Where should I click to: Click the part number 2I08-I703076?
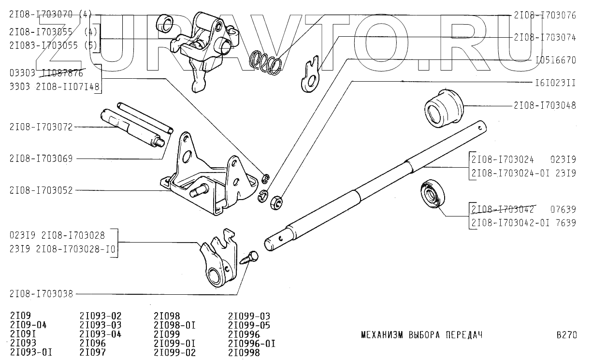click(x=545, y=15)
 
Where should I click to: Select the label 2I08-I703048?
click(x=545, y=106)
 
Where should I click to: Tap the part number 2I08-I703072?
click(x=41, y=127)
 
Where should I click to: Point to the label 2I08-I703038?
click(x=41, y=294)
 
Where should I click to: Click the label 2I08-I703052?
click(x=41, y=190)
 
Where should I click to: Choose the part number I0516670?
click(x=556, y=60)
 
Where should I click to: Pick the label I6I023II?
click(x=556, y=83)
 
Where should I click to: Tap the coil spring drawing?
click(x=266, y=63)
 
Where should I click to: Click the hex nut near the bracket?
click(x=276, y=203)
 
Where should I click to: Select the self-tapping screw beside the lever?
click(x=249, y=258)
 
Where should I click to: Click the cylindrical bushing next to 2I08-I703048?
click(x=444, y=108)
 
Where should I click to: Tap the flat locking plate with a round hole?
click(x=311, y=74)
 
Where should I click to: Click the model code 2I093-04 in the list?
click(x=101, y=334)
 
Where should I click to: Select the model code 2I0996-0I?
click(x=252, y=344)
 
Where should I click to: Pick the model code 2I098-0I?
click(x=174, y=325)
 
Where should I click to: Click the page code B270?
click(x=566, y=335)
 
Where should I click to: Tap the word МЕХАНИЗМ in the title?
click(x=382, y=335)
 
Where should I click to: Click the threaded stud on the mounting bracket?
click(x=199, y=191)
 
